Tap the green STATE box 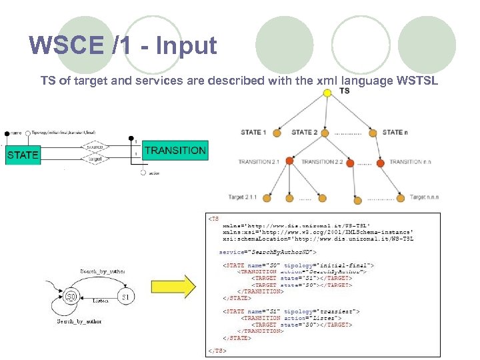click(22, 155)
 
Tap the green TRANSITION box click(175, 150)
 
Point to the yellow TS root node click(327, 93)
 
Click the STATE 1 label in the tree click(253, 132)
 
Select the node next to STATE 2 click(325, 132)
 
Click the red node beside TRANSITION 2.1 click(290, 161)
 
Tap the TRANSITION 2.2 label click(322, 162)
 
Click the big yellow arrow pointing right click(180, 289)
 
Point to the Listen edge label click(100, 301)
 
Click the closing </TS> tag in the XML click(217, 350)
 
